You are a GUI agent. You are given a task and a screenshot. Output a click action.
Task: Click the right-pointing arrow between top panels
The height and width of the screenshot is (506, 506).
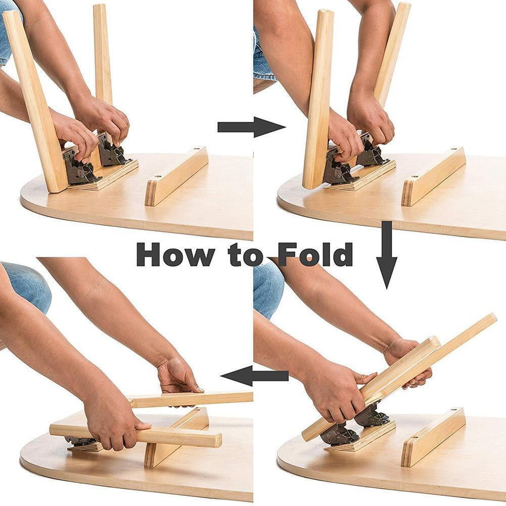[251, 127]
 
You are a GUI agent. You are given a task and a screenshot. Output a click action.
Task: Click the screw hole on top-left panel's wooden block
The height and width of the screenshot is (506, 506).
[196, 150]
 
